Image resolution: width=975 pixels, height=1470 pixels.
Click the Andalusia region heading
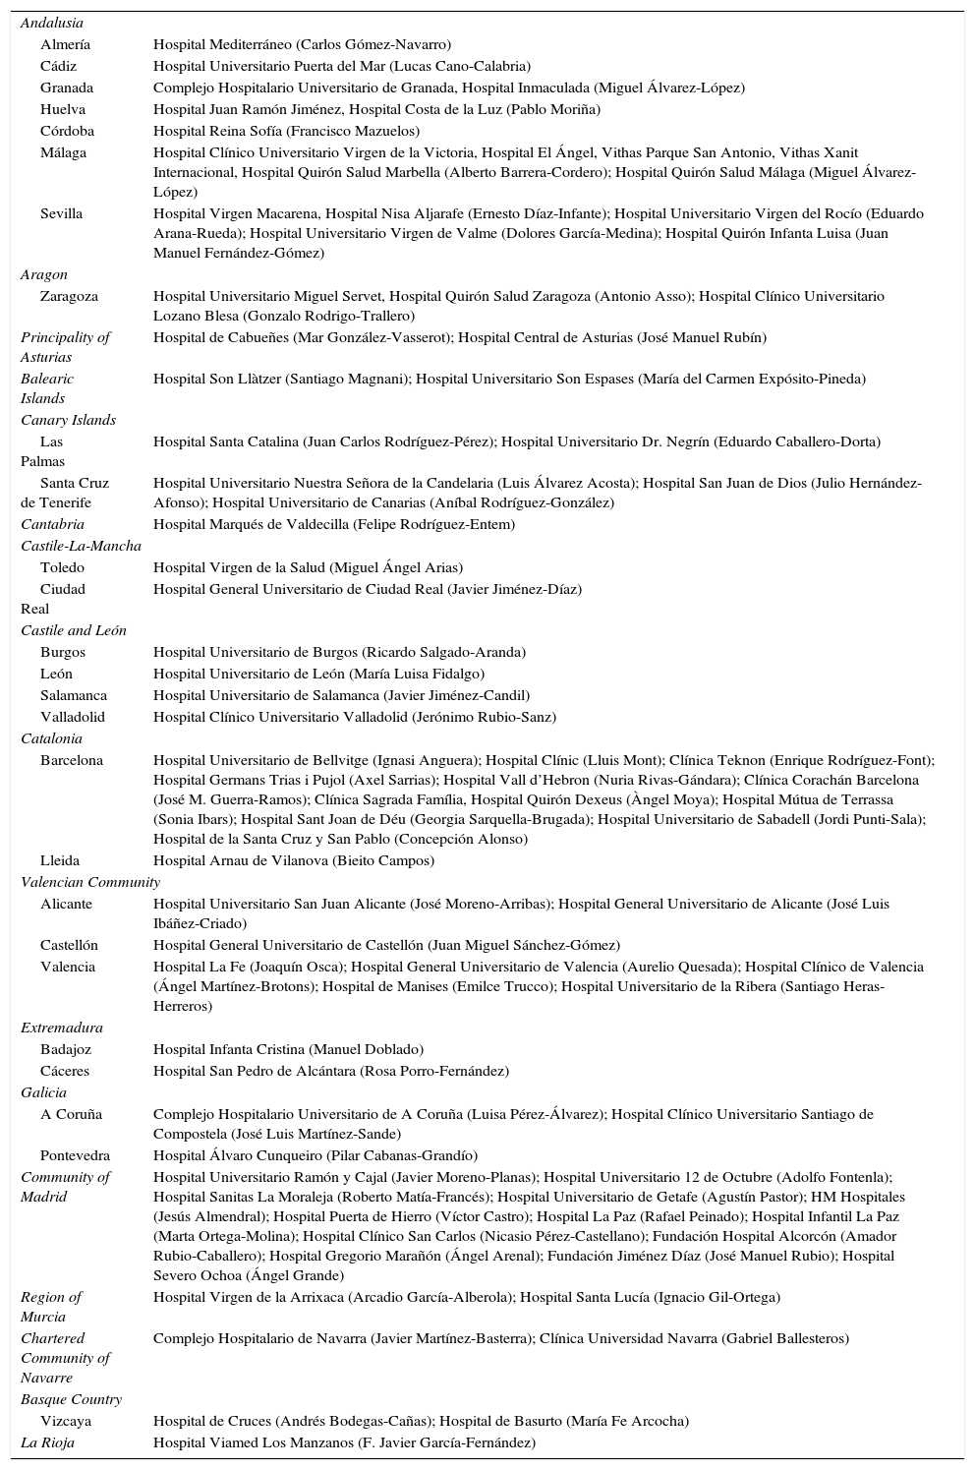pyautogui.click(x=52, y=23)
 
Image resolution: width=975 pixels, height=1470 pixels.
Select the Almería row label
pyautogui.click(x=65, y=44)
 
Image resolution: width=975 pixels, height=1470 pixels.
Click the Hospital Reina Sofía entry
pyautogui.click(x=286, y=131)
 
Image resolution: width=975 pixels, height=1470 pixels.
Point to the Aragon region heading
pyautogui.click(x=44, y=274)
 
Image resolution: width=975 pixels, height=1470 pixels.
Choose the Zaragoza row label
pyautogui.click(x=69, y=296)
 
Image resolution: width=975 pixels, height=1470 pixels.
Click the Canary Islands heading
pyautogui.click(x=68, y=420)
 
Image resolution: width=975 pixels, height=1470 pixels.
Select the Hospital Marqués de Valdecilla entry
pyautogui.click(x=334, y=524)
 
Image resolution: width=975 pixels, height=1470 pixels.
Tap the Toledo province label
pyautogui.click(x=62, y=567)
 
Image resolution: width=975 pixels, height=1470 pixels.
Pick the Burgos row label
pyautogui.click(x=63, y=652)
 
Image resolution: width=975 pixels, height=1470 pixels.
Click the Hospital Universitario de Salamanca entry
pyautogui.click(x=341, y=695)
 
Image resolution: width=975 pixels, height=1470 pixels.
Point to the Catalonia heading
pyautogui.click(x=51, y=738)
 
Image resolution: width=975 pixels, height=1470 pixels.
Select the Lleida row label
pyautogui.click(x=60, y=860)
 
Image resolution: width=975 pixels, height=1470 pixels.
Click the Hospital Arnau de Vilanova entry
pyautogui.click(x=294, y=860)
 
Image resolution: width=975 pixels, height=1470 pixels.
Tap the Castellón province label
pyautogui.click(x=69, y=945)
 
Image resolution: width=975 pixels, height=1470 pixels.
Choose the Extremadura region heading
pyautogui.click(x=62, y=1028)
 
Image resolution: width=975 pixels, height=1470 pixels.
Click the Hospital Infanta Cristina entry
pyautogui.click(x=288, y=1049)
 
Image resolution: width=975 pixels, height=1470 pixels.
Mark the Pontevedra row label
pyautogui.click(x=75, y=1155)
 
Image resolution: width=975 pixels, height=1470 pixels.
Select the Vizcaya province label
pyautogui.click(x=66, y=1421)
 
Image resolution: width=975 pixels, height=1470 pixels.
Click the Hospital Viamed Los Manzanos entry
pyautogui.click(x=344, y=1442)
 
